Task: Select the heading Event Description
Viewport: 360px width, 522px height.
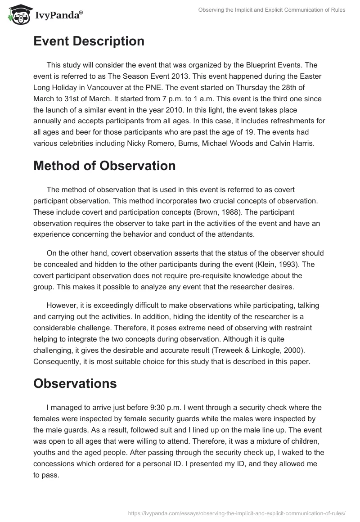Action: click(x=89, y=41)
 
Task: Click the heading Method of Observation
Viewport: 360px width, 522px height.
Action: click(x=104, y=166)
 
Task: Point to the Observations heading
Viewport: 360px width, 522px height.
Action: click(x=75, y=383)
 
